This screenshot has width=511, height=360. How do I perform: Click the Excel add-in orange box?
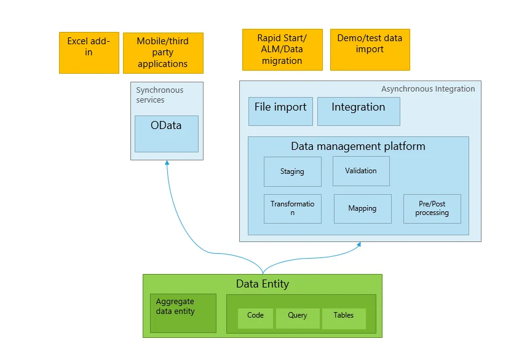[89, 52]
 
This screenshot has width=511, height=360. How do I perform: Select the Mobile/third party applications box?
[163, 53]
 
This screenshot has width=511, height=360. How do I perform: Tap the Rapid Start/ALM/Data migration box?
[282, 49]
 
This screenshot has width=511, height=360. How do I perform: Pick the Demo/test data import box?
[370, 49]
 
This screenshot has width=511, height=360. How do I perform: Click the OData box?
[166, 133]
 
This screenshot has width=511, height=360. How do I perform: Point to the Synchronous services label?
[159, 95]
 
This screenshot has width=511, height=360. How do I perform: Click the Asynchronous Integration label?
[427, 88]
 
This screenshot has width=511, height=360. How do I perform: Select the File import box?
[280, 111]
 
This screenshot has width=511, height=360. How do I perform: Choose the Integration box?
[358, 111]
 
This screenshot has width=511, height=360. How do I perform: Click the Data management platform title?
[358, 146]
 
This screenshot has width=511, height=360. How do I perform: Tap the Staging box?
[292, 171]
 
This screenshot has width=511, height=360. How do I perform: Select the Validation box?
[361, 171]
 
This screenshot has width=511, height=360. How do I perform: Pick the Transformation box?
[292, 208]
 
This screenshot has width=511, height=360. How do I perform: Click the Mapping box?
[362, 208]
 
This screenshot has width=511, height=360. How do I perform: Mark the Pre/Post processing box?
[432, 208]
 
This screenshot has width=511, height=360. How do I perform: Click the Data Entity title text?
[262, 284]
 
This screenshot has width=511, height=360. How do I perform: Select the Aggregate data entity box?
[183, 313]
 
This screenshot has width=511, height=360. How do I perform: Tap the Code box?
[255, 318]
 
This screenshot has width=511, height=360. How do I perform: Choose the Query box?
[297, 318]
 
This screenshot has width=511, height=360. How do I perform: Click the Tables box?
[343, 318]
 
